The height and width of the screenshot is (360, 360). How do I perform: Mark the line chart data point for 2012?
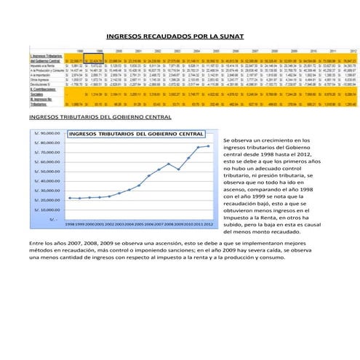tap(209, 146)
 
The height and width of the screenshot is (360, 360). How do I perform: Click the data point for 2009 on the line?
tap(179, 169)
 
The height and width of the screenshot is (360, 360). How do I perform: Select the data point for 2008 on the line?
tap(169, 164)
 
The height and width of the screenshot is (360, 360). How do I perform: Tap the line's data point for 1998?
tap(70, 198)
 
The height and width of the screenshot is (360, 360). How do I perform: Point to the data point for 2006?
tap(149, 176)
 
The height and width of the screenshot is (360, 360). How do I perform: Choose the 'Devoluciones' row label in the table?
tap(41, 84)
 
